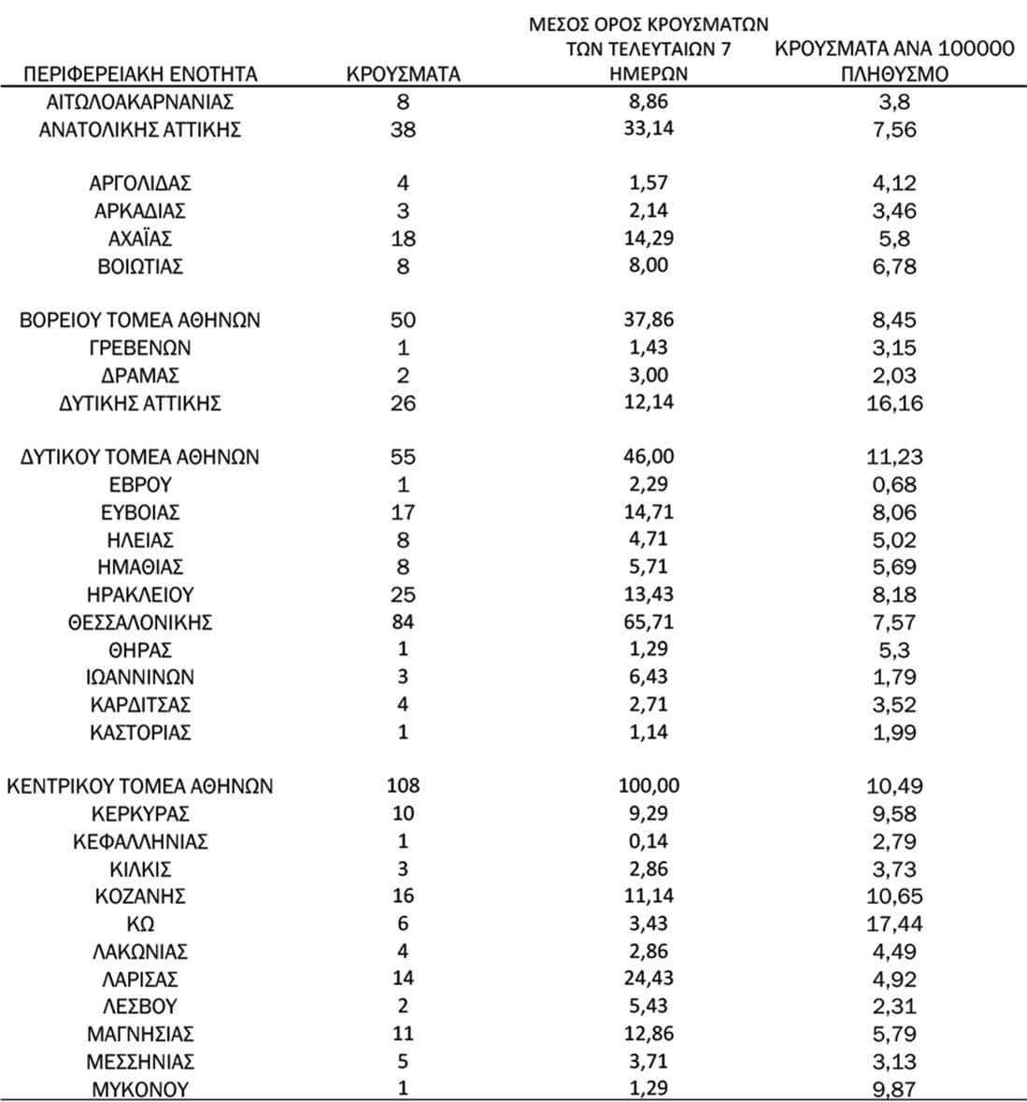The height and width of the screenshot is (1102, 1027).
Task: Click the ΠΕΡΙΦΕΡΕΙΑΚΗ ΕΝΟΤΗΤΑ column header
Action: point(140,75)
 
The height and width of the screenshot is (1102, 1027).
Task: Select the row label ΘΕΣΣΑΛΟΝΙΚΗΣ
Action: point(140,622)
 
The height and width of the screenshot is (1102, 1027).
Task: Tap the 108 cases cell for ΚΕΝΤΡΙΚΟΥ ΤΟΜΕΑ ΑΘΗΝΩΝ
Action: point(403,786)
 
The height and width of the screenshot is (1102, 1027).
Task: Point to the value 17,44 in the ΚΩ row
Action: point(894,923)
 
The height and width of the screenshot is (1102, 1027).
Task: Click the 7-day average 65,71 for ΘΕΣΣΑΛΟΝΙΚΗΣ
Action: point(649,622)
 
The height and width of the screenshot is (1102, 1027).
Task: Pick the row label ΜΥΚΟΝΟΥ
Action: point(140,1089)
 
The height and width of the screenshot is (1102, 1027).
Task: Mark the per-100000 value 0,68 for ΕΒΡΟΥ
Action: point(894,484)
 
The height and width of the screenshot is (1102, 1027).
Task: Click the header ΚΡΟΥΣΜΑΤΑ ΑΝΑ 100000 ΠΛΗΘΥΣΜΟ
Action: point(894,62)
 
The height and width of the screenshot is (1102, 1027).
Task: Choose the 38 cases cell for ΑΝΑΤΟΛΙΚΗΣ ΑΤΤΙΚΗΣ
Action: point(403,130)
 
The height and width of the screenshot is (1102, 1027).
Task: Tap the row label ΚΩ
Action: point(140,923)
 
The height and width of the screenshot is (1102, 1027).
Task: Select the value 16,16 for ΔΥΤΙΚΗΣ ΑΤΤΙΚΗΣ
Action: point(894,403)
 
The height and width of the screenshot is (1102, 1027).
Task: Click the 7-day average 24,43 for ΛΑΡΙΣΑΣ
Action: point(649,979)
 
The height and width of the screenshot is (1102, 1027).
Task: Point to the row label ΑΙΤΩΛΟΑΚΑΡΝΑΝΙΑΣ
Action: point(140,102)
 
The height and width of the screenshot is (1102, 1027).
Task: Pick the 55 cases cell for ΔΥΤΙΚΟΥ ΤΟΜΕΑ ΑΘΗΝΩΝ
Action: point(403,457)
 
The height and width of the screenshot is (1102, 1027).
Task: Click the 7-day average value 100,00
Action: point(649,786)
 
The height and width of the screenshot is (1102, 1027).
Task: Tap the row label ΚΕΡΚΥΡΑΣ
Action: point(140,813)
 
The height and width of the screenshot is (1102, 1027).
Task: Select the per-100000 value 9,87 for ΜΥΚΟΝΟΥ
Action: point(894,1089)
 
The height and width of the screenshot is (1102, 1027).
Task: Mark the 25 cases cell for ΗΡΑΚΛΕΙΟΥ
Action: point(403,594)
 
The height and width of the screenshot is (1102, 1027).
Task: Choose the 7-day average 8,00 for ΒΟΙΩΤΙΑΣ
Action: point(649,266)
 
